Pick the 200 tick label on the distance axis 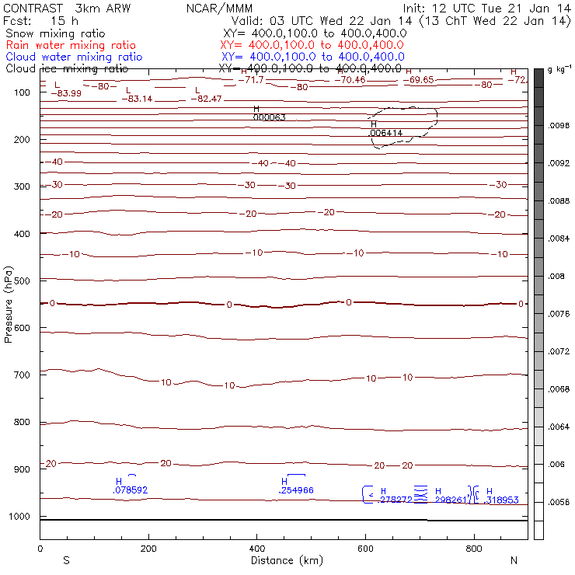[x=148, y=549]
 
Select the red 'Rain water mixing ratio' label [x=70, y=46]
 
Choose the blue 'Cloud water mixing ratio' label [x=73, y=57]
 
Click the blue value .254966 [x=296, y=490]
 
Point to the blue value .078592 [x=130, y=490]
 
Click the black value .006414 [x=385, y=133]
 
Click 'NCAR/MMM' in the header [x=220, y=8]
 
